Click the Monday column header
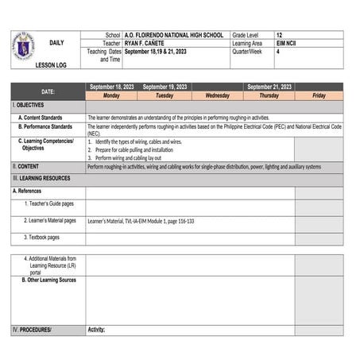[x=111, y=95]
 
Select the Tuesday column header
[x=165, y=95]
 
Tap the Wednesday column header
[x=217, y=95]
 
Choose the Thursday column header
[x=269, y=95]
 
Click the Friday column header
[x=319, y=95]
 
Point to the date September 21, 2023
[x=269, y=87]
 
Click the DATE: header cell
[x=48, y=91]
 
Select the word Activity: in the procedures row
[x=96, y=329]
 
